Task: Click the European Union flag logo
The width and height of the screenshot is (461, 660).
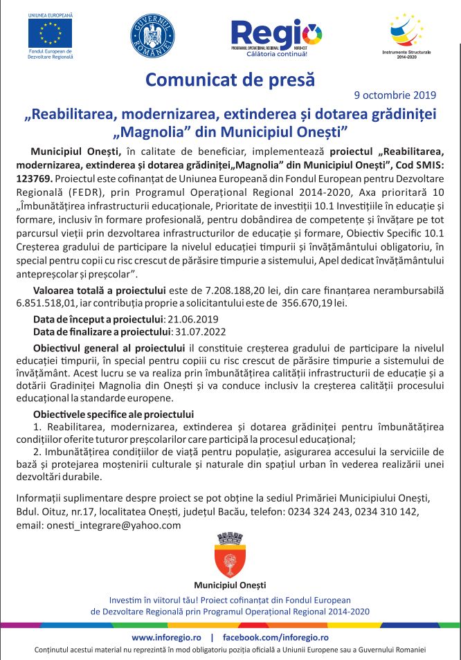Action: (50, 32)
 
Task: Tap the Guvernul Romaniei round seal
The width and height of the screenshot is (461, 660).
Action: (152, 35)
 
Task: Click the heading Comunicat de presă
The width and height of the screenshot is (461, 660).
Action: (230, 79)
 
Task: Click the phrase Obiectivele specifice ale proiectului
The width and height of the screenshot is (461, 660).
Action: (114, 414)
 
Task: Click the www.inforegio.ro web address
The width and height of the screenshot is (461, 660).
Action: (165, 636)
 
